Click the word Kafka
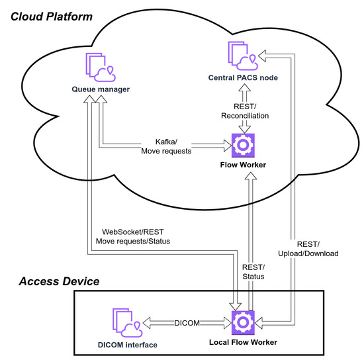[165, 142]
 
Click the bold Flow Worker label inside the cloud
[242, 165]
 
